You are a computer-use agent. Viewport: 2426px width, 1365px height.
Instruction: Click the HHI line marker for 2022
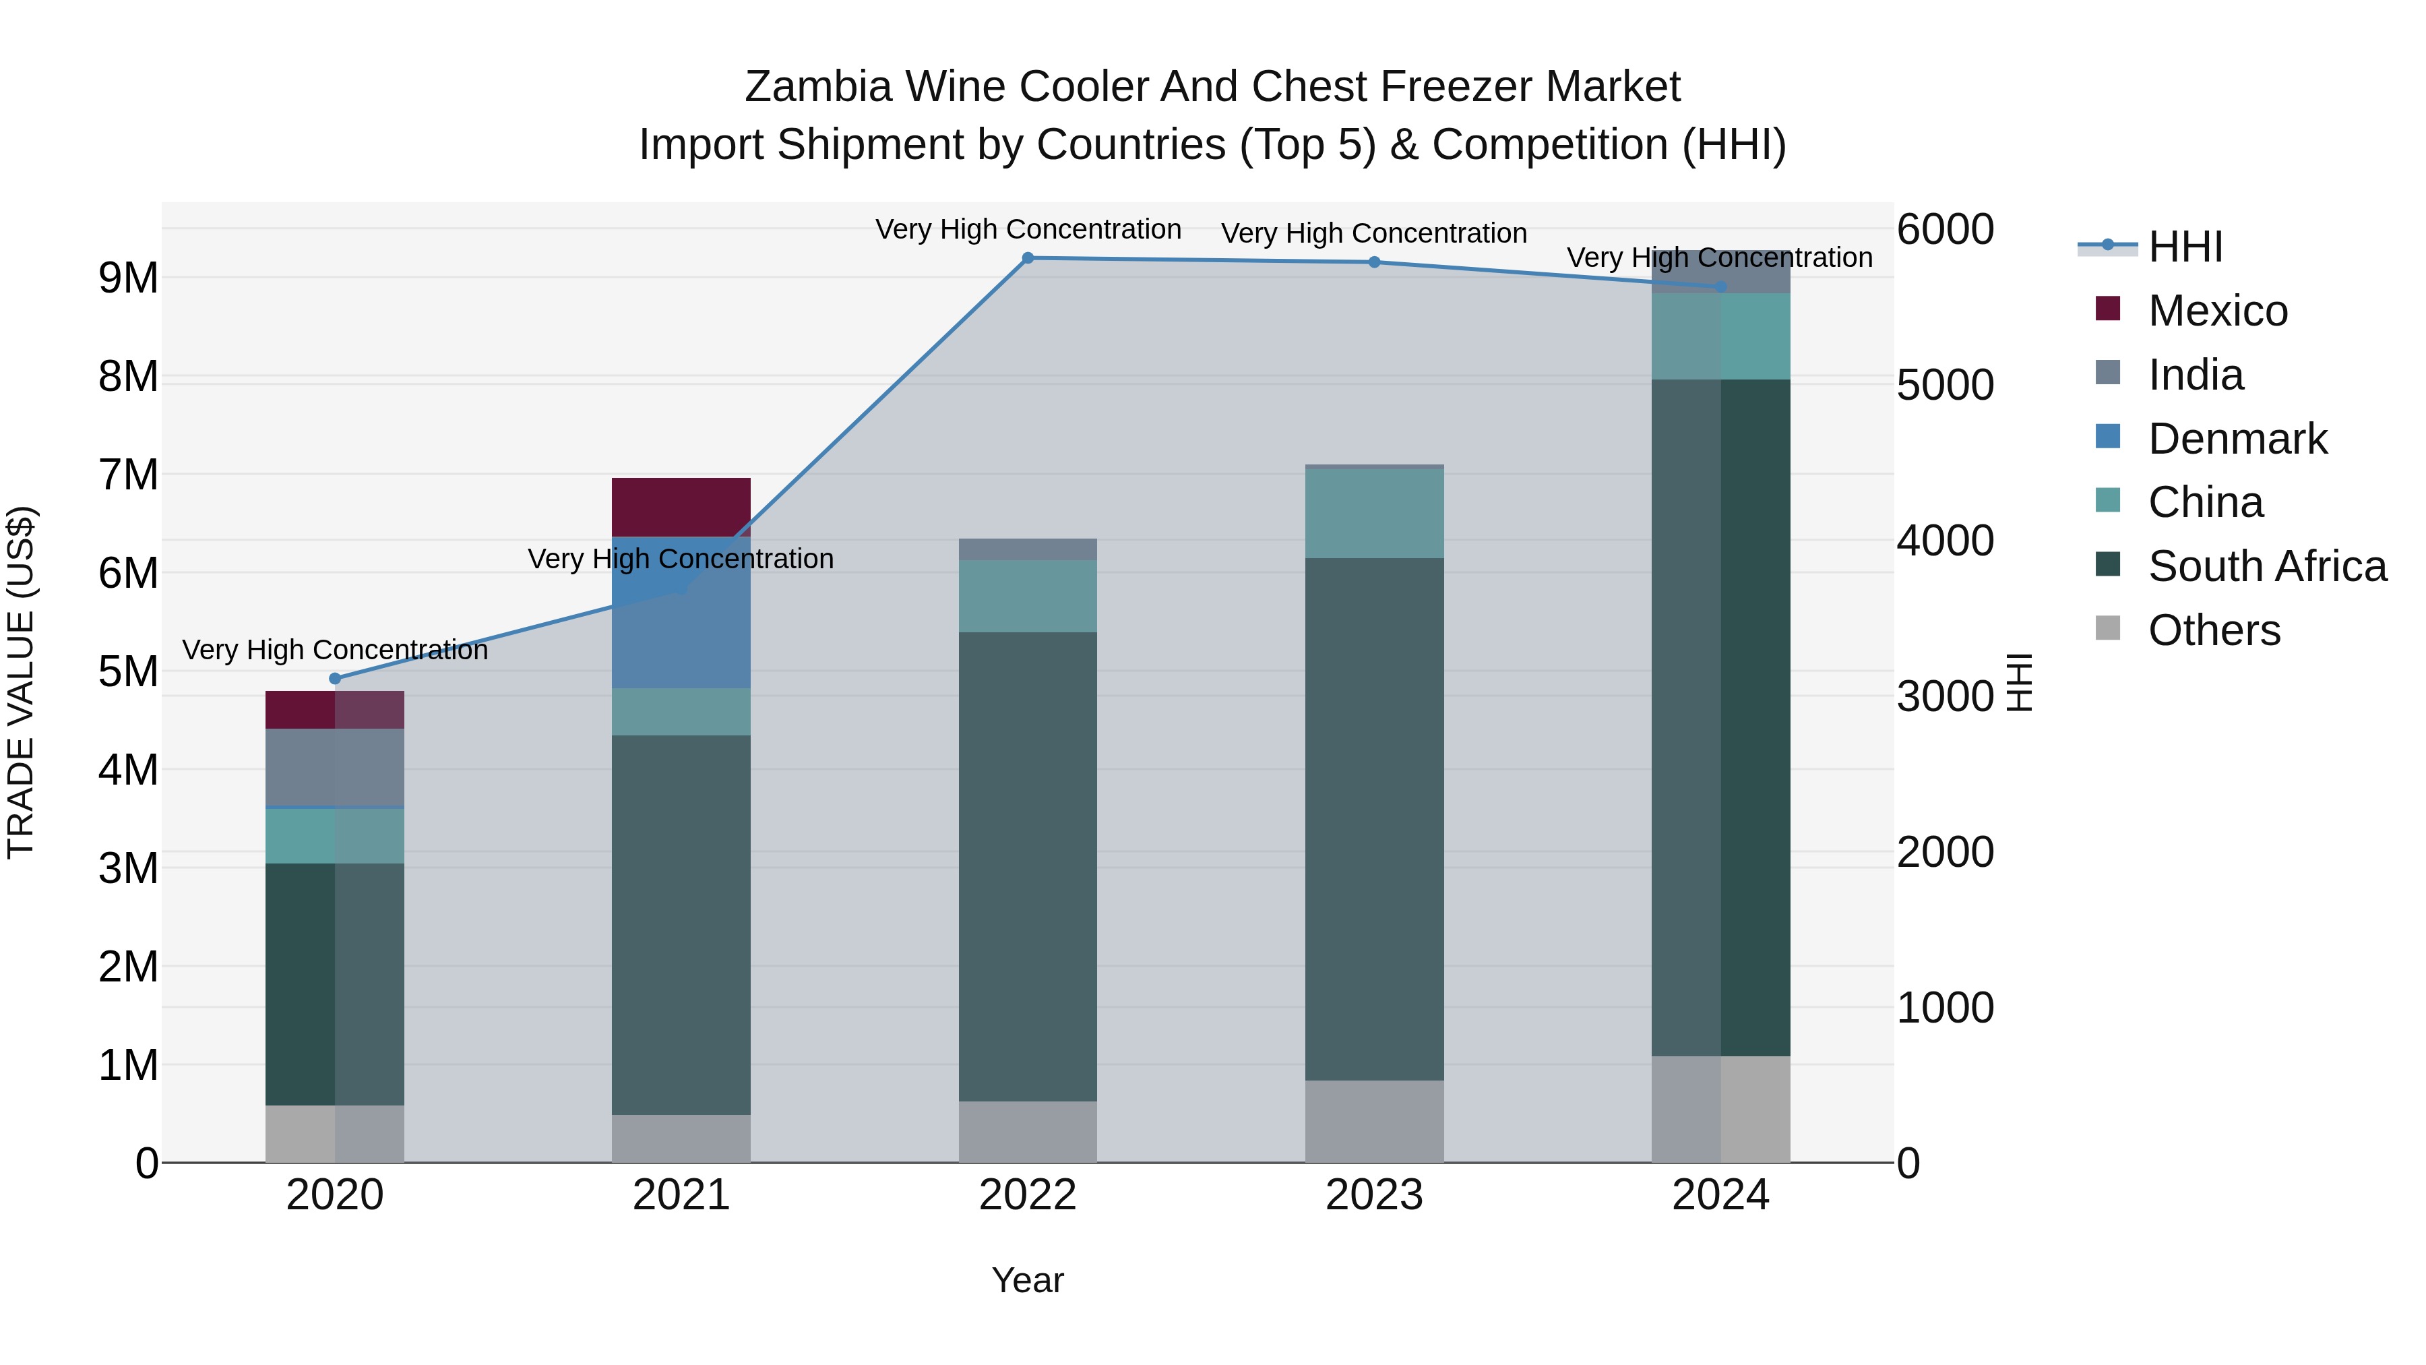click(1028, 258)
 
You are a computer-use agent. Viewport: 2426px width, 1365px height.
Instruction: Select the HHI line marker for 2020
click(336, 678)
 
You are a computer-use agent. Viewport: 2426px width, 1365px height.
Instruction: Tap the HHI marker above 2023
click(1374, 262)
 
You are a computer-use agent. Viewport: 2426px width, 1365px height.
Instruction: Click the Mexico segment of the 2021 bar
click(681, 507)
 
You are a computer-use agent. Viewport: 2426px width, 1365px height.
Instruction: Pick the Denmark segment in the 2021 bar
click(681, 612)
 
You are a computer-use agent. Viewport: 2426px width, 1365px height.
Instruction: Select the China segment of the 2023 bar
click(1374, 514)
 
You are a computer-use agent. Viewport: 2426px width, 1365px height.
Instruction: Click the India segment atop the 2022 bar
click(1028, 549)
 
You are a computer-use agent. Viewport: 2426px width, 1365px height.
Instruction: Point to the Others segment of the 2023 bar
click(1374, 1121)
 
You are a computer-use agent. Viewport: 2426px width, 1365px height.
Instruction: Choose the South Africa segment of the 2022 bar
click(1028, 867)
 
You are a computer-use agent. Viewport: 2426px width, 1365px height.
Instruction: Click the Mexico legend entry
click(2217, 311)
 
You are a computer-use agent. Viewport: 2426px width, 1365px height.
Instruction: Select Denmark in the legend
click(2237, 439)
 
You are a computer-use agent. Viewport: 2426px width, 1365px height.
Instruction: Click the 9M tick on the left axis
click(128, 278)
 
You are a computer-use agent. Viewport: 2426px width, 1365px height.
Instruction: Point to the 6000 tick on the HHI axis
click(1945, 229)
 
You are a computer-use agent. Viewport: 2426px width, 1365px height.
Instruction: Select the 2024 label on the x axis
click(1720, 1195)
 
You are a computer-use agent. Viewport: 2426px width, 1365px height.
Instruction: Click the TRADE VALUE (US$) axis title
click(21, 682)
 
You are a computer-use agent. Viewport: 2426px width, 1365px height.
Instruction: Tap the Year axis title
click(1028, 1280)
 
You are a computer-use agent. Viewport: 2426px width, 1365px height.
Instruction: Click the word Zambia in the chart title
click(817, 87)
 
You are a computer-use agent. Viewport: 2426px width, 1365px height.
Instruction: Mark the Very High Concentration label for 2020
click(336, 650)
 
